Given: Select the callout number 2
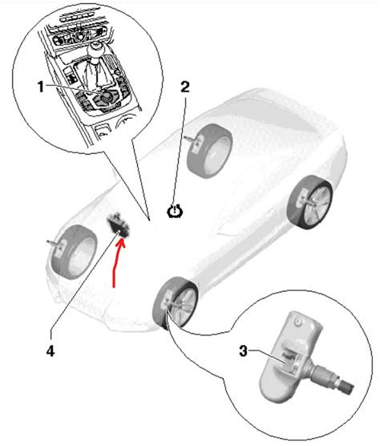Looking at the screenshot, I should pyautogui.click(x=185, y=87).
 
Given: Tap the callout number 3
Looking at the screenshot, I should pyautogui.click(x=243, y=350).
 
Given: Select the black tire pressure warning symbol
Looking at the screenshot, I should pyautogui.click(x=174, y=212).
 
